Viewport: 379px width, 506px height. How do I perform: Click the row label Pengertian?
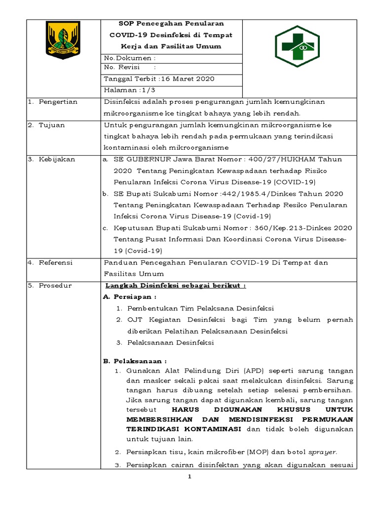tap(56, 102)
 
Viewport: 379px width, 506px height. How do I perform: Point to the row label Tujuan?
tap(51, 126)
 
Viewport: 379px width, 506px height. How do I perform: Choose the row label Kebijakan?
tap(55, 159)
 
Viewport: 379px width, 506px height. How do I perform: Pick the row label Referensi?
tap(55, 263)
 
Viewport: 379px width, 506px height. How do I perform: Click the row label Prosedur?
tap(55, 286)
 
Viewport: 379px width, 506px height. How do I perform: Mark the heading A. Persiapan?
tap(129, 297)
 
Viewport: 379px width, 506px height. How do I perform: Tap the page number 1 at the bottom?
tap(189, 477)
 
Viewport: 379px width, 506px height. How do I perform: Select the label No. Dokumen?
tap(127, 58)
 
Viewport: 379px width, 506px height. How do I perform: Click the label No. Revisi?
tap(121, 68)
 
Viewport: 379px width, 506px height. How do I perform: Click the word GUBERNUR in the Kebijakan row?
tap(148, 159)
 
